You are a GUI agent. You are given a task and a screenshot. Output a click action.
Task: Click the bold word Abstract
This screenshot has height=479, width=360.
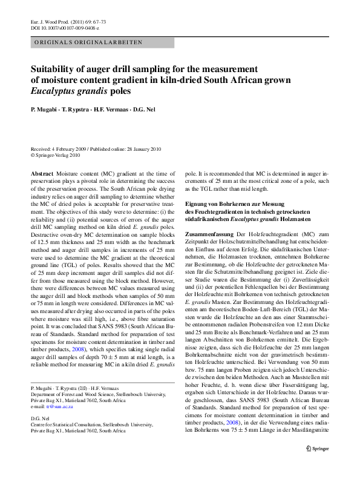[42, 173]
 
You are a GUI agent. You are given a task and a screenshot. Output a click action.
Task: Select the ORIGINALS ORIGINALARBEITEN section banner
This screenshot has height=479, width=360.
[88, 43]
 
